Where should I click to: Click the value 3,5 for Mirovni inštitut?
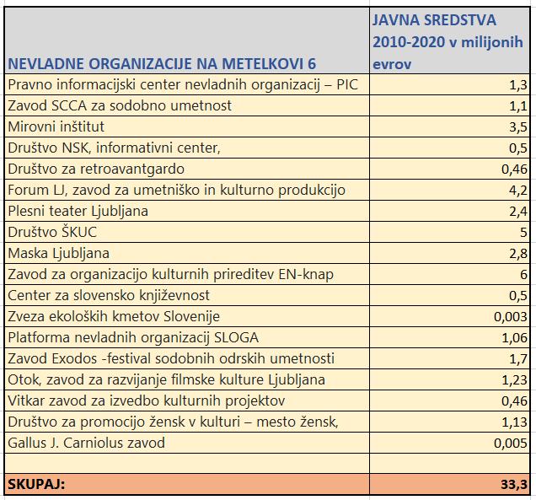click(519, 127)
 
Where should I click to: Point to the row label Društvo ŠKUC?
click(52, 232)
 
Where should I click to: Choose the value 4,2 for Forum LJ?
click(519, 191)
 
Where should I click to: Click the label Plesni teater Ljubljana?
click(78, 211)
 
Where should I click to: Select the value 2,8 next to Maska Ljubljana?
click(519, 254)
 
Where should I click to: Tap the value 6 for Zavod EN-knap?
click(523, 275)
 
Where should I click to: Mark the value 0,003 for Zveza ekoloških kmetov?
click(511, 317)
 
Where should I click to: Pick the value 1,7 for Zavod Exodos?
click(519, 359)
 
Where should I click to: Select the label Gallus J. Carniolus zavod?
click(86, 443)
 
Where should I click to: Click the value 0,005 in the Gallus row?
click(511, 444)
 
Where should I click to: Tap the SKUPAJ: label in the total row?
click(36, 485)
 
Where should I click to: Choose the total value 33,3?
click(514, 485)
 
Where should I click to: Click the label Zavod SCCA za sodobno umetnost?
click(119, 105)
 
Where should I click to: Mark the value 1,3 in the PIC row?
click(519, 85)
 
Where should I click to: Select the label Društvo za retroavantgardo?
click(96, 169)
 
